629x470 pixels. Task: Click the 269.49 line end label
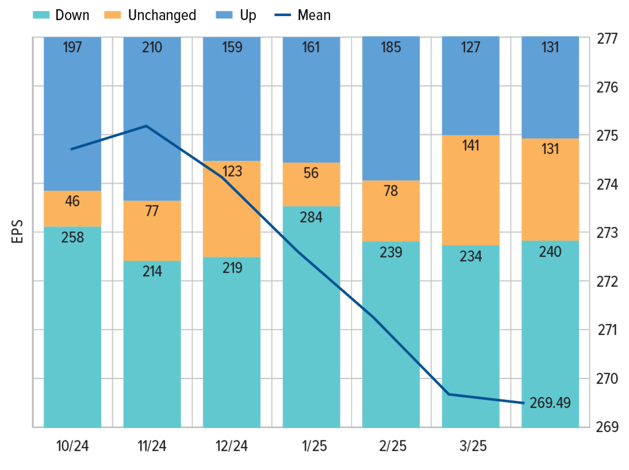coord(550,402)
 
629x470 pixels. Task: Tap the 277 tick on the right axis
coord(607,39)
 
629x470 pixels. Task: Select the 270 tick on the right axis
coord(607,378)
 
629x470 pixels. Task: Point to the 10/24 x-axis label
coord(73,446)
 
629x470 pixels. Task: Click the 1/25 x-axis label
coord(314,446)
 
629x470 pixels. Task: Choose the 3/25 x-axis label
coord(473,446)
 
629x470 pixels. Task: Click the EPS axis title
coord(17,232)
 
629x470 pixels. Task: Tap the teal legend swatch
coord(41,15)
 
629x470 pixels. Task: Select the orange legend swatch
coord(112,15)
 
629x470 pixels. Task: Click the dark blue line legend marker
coord(283,15)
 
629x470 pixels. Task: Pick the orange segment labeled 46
coord(73,209)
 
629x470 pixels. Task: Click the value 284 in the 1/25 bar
coord(311,217)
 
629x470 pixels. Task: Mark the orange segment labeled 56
coord(311,184)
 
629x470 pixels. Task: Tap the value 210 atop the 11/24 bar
coord(152,47)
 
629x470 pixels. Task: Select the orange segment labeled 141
coord(470,190)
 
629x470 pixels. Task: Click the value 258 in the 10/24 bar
coord(73,237)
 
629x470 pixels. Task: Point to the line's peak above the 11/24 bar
coord(146,126)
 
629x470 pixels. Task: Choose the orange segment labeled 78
coord(391,211)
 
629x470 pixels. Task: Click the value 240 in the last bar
coord(550,252)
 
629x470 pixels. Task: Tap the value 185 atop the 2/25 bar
coord(391,47)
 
